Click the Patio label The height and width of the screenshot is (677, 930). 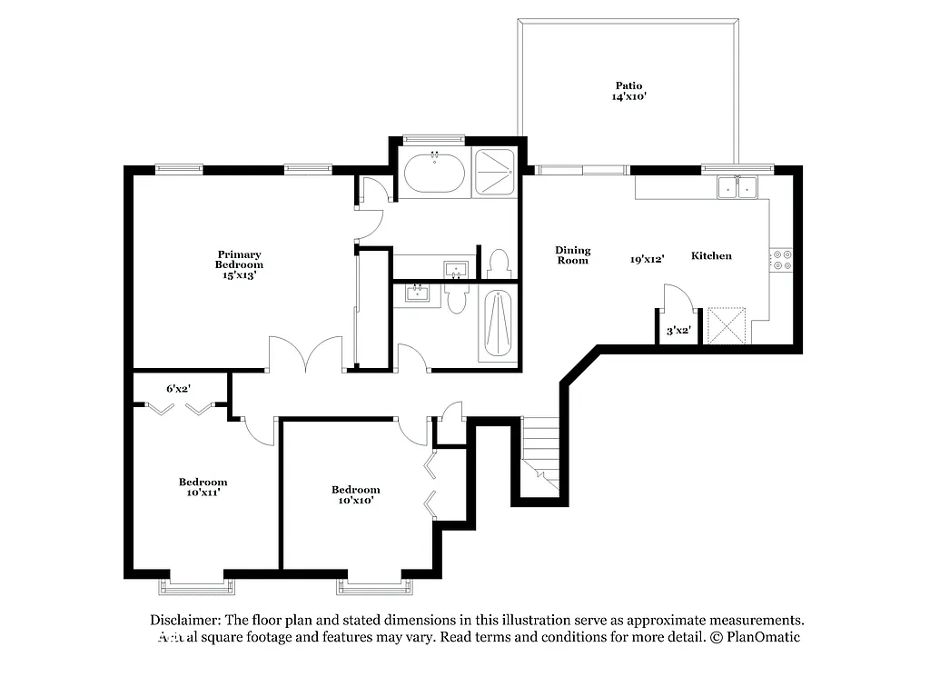[628, 85]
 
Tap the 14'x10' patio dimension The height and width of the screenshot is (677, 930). [628, 96]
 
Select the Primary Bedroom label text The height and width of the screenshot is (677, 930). [239, 259]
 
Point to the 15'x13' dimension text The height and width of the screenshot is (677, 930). [239, 274]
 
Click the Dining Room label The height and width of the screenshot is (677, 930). [572, 255]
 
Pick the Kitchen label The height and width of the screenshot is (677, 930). [711, 256]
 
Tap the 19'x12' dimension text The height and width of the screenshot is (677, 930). [647, 259]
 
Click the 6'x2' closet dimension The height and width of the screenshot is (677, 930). [178, 388]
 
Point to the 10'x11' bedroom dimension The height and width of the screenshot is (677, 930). [203, 493]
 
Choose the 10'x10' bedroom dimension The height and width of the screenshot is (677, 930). [355, 500]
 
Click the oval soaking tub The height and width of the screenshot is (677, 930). [434, 174]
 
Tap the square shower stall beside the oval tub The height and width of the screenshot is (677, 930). [493, 173]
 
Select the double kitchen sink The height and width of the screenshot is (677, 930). [737, 188]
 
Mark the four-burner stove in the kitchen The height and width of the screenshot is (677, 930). [782, 261]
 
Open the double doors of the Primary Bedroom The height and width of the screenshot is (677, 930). [305, 356]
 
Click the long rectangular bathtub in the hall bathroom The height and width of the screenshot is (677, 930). [499, 324]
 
